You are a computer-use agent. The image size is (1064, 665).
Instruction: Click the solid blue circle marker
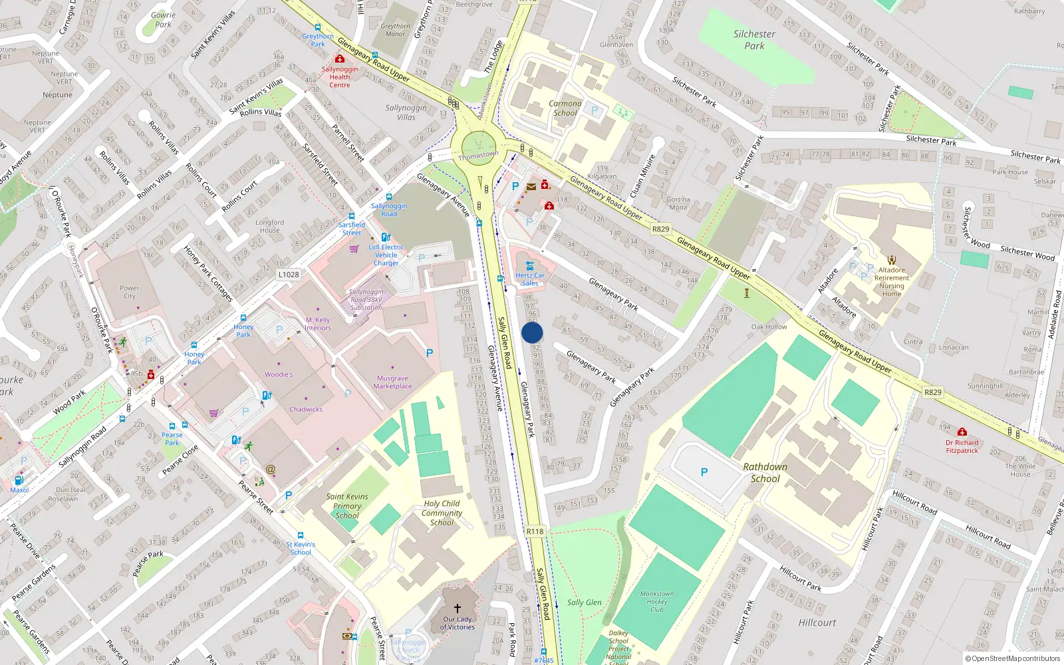pyautogui.click(x=532, y=332)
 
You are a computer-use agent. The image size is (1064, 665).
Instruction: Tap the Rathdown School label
pyautogui.click(x=765, y=473)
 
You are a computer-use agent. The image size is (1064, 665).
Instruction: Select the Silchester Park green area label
pyautogui.click(x=754, y=40)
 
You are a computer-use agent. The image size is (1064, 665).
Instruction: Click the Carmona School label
pyautogui.click(x=565, y=108)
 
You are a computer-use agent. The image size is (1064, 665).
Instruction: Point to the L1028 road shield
pyautogui.click(x=289, y=275)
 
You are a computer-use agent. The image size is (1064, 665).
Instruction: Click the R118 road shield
pyautogui.click(x=535, y=531)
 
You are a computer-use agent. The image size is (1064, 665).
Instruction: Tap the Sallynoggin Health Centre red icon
pyautogui.click(x=339, y=59)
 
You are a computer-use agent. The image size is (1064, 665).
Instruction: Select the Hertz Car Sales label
pyautogui.click(x=529, y=279)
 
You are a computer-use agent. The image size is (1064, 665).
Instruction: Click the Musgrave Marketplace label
pyautogui.click(x=392, y=382)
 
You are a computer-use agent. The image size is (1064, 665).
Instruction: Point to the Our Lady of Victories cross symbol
pyautogui.click(x=458, y=608)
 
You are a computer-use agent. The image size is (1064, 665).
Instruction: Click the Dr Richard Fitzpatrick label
pyautogui.click(x=962, y=446)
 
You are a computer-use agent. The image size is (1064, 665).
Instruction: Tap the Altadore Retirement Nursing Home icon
pyautogui.click(x=892, y=260)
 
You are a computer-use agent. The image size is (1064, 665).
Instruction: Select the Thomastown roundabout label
pyautogui.click(x=478, y=156)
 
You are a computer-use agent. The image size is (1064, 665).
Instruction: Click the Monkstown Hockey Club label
pyautogui.click(x=656, y=601)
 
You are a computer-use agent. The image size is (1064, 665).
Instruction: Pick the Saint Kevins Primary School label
pyautogui.click(x=346, y=506)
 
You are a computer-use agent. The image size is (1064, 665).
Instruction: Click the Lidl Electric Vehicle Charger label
pyautogui.click(x=386, y=255)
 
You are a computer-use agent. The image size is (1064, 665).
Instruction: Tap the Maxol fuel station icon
pyautogui.click(x=19, y=480)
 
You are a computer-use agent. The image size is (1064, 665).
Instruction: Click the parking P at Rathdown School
pyautogui.click(x=704, y=472)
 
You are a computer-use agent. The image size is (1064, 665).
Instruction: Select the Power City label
pyautogui.click(x=129, y=292)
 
